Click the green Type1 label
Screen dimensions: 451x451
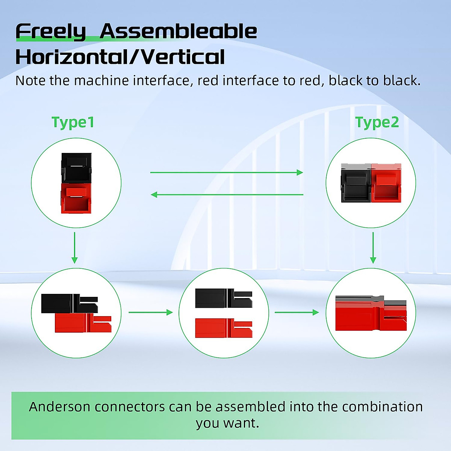click(73, 122)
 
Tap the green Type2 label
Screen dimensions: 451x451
click(377, 122)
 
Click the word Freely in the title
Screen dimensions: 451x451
click(51, 32)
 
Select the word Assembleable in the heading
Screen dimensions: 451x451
click(179, 31)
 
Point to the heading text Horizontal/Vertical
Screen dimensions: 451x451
click(120, 57)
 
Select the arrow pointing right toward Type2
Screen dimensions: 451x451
click(227, 173)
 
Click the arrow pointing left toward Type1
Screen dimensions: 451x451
click(227, 194)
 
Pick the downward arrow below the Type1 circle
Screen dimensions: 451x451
click(74, 248)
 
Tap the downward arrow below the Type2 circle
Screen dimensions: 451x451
click(373, 248)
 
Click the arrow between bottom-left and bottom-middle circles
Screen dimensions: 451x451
click(151, 312)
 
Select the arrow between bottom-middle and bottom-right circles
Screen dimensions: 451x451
click(297, 312)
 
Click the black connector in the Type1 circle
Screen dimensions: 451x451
click(76, 168)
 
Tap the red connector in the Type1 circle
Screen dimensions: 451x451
click(76, 198)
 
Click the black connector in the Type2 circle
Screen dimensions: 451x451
click(356, 183)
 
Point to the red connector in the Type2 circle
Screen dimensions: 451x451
click(386, 183)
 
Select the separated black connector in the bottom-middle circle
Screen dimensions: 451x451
click(224, 298)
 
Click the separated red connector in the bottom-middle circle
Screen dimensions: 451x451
click(224, 328)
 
